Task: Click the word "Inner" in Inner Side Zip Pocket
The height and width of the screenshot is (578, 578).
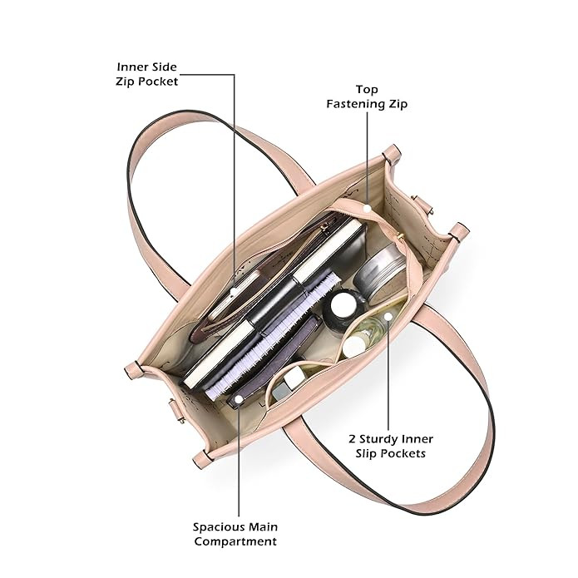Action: [x=134, y=67]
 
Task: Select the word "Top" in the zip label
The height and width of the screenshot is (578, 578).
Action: [x=367, y=89]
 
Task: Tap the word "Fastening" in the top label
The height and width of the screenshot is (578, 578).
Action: [x=357, y=105]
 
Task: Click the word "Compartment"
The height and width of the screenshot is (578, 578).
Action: [x=235, y=542]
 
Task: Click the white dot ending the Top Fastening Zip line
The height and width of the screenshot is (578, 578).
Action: [x=368, y=204]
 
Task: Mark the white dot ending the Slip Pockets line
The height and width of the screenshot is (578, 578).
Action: [x=388, y=317]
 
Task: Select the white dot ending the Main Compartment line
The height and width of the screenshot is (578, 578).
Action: [x=240, y=401]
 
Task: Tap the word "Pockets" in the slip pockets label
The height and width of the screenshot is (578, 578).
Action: [x=400, y=454]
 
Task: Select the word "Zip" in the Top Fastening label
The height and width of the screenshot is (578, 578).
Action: [x=399, y=105]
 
